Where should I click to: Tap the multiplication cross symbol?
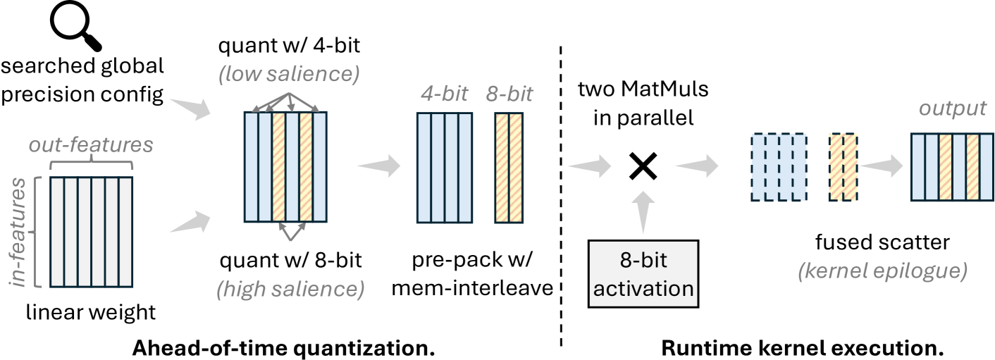[643, 166]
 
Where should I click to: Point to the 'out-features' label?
[91, 144]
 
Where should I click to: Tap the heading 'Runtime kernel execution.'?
[801, 347]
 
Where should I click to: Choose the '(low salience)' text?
[289, 73]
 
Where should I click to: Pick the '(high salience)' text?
[289, 287]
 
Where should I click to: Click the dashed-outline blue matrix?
[779, 166]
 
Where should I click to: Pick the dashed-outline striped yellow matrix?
[843, 166]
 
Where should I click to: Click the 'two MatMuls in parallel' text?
[643, 104]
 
